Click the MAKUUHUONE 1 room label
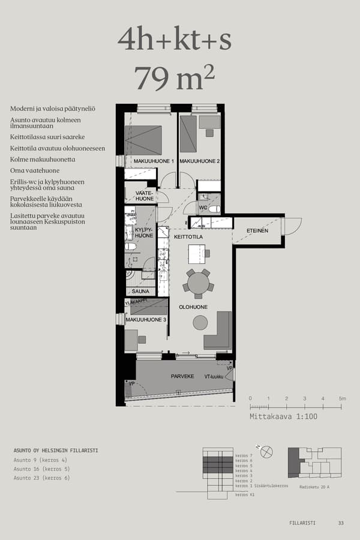click(154, 161)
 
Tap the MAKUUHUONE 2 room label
click(200, 161)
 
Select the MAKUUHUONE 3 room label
click(145, 320)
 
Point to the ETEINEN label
click(257, 230)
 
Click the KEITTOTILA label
click(188, 237)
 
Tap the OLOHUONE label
click(193, 307)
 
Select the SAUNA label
click(140, 291)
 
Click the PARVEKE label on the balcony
click(182, 377)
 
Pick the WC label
click(202, 208)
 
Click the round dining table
click(199, 282)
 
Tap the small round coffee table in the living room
click(200, 323)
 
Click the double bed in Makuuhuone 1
click(143, 140)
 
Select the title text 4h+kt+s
click(175, 40)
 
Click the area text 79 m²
click(175, 78)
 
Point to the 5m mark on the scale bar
click(341, 398)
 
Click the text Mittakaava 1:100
click(283, 416)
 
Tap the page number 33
click(341, 523)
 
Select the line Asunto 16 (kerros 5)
click(41, 469)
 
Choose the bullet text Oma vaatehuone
click(35, 170)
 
